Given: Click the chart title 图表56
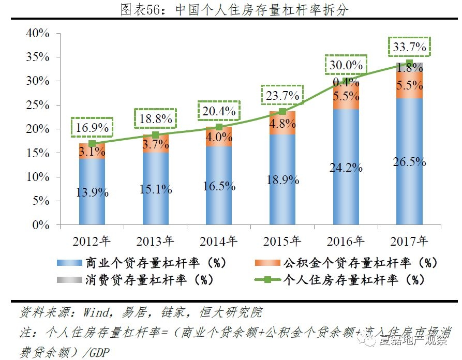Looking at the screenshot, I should pos(231,10).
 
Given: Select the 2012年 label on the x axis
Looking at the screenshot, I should pos(92,241).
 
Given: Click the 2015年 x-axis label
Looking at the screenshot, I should pos(282,241).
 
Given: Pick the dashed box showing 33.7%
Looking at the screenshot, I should pos(409,48).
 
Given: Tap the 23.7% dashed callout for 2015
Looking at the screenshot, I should pos(282,95).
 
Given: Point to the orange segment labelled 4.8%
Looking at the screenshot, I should pos(282,123).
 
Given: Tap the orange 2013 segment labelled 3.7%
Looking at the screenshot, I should pos(155,144).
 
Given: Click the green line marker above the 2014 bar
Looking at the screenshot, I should pos(219,127).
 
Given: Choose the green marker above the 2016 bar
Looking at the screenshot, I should pos(346,79).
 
